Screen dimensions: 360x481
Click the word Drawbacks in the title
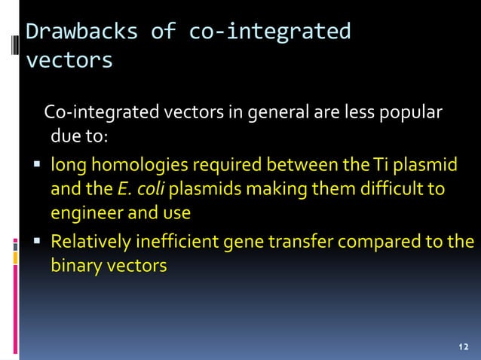(x=82, y=32)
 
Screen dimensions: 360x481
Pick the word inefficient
(x=172, y=242)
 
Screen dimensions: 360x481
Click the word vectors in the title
(x=69, y=59)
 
